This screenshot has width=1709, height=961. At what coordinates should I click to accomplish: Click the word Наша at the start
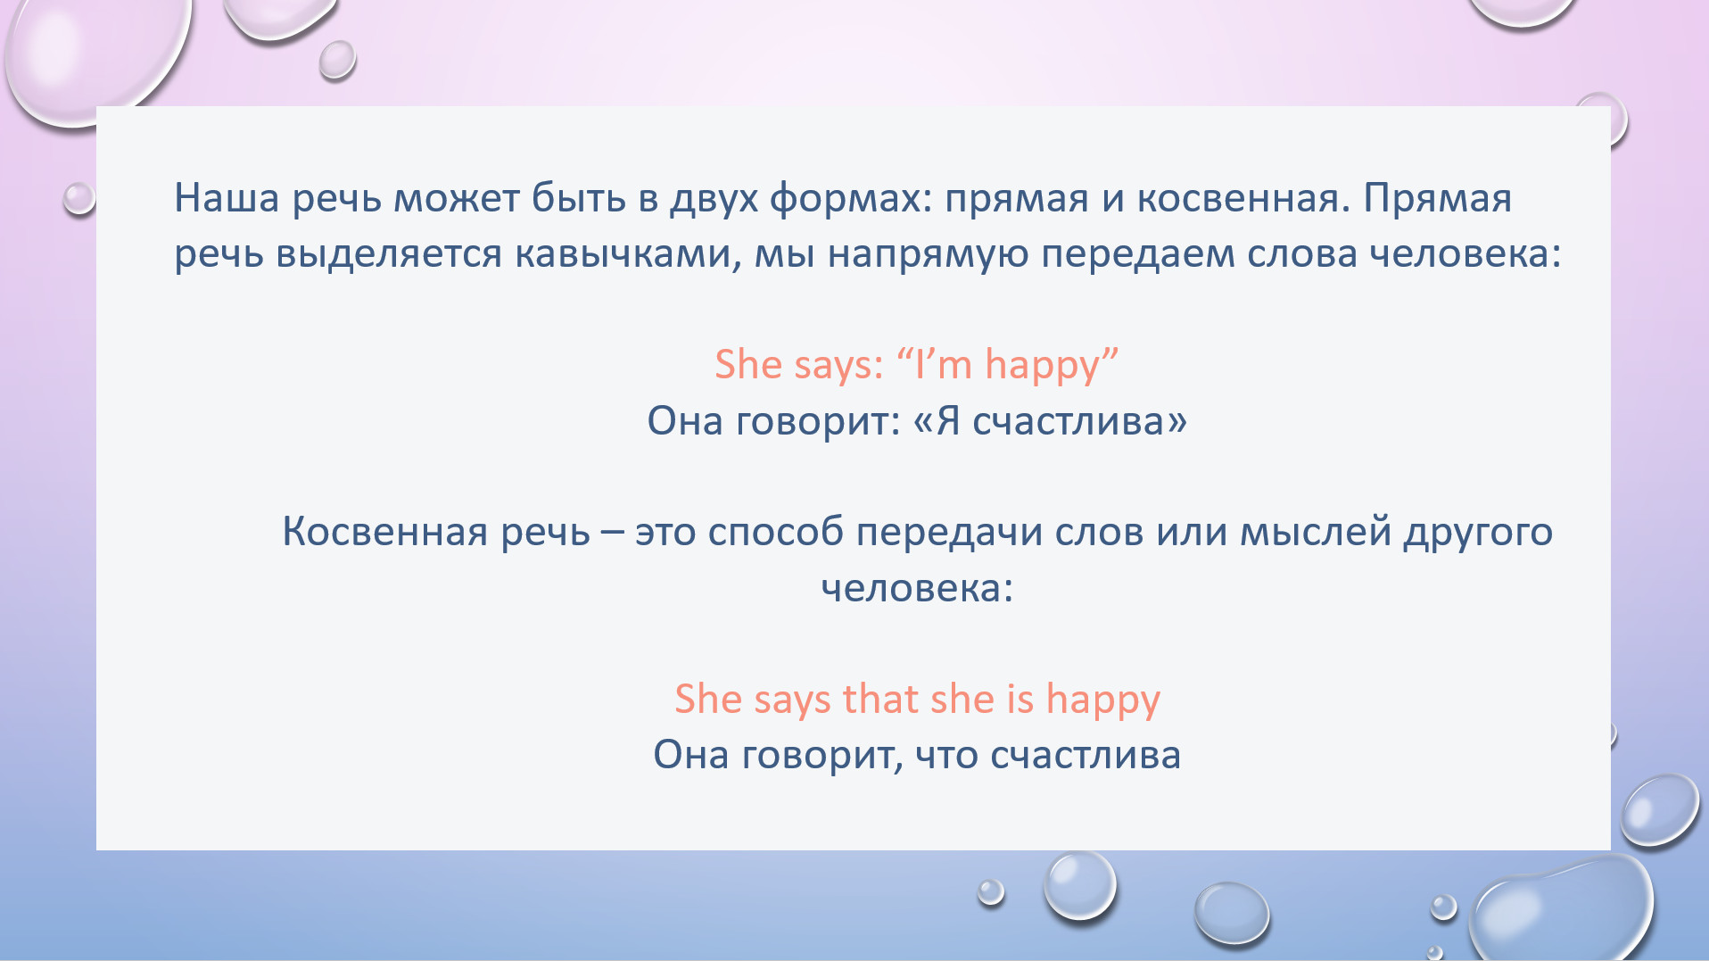(x=227, y=198)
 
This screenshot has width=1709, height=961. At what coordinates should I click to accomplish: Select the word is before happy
(x=1020, y=699)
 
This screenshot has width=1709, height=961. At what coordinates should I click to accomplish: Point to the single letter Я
(x=947, y=421)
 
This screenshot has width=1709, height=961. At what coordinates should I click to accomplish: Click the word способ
(x=775, y=533)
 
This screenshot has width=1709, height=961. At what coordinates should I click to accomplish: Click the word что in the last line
(x=946, y=756)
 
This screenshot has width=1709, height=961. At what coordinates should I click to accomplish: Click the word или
(x=1192, y=533)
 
